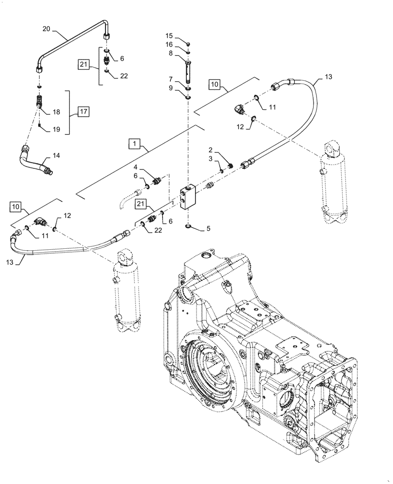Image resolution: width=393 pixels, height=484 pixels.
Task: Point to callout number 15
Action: coord(169,36)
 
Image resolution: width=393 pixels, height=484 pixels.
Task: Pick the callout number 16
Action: coord(169,45)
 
